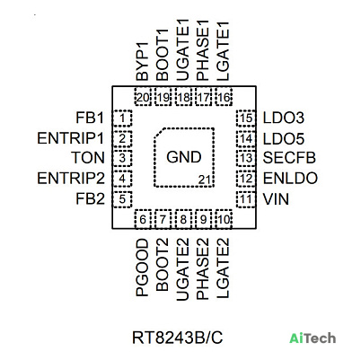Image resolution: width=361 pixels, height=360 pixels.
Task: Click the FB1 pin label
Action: (x=90, y=118)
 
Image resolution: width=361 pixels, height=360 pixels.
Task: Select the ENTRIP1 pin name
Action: (x=71, y=138)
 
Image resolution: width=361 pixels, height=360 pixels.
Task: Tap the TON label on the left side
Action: (x=88, y=158)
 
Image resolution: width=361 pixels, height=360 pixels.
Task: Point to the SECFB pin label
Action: (x=289, y=158)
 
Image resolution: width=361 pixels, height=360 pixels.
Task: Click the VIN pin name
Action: (x=276, y=199)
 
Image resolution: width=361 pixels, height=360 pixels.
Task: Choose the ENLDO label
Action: (x=290, y=179)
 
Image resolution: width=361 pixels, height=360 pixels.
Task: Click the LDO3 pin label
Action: (x=284, y=118)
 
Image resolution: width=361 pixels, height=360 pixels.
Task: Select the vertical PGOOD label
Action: (x=142, y=268)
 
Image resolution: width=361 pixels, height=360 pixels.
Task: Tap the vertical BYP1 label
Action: (x=142, y=61)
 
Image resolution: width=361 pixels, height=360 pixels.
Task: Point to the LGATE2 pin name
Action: (x=223, y=268)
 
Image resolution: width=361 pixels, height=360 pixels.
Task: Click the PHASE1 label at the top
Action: (x=202, y=50)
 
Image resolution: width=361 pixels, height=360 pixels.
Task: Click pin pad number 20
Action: (x=143, y=97)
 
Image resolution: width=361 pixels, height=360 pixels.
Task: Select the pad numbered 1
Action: (x=122, y=119)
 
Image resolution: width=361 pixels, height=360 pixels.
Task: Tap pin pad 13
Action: (x=246, y=158)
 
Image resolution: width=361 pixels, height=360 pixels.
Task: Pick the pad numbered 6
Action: (x=143, y=219)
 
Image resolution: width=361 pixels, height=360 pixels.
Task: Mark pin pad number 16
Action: (x=224, y=97)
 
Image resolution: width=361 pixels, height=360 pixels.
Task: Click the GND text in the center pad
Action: (x=184, y=157)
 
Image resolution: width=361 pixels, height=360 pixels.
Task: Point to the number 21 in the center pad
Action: (x=205, y=180)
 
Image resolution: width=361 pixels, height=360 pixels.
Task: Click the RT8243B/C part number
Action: (x=178, y=338)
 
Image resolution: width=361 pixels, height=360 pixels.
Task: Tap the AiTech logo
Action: (x=313, y=338)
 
